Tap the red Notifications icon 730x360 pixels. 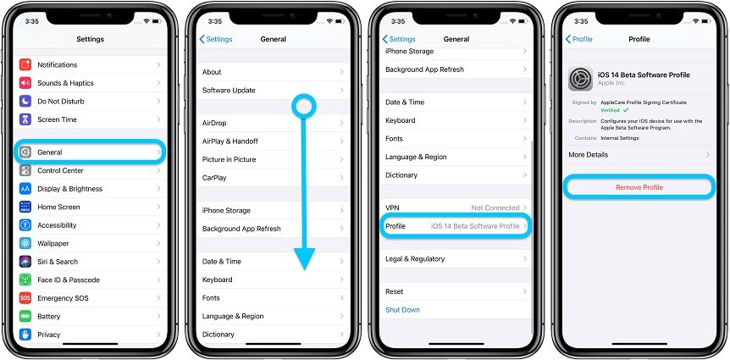25,64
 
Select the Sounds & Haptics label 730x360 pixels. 66,83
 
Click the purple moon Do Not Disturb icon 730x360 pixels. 25,101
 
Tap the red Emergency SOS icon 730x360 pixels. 25,298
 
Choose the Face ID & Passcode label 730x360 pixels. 69,280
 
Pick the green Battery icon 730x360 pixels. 25,316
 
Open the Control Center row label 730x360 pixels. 60,170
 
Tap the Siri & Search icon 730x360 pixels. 25,262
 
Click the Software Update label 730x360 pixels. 229,91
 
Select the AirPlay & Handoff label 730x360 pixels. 230,141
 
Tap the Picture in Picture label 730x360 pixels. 229,159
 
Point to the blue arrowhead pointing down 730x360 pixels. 305,258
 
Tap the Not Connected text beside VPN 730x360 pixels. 495,208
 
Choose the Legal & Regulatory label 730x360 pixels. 415,259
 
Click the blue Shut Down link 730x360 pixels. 402,310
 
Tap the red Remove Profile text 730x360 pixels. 639,187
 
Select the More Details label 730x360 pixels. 588,155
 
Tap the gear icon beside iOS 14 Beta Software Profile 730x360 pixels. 580,78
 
